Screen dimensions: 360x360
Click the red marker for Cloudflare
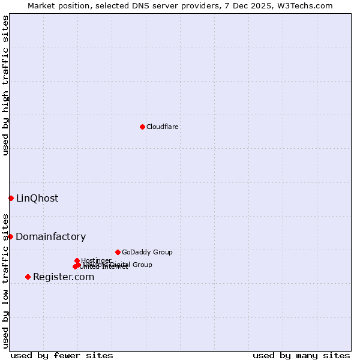(142, 127)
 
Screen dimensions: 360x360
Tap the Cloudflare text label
(162, 127)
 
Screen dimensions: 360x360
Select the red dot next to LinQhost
(11, 198)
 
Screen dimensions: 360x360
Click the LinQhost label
(37, 199)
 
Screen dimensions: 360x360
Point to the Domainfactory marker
(10, 236)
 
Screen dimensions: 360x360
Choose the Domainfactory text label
(51, 237)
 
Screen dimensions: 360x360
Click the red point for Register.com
(28, 277)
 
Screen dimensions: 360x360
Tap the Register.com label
(64, 277)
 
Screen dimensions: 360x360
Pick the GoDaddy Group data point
(118, 252)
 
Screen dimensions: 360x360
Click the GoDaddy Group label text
(147, 252)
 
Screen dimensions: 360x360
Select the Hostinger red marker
(77, 260)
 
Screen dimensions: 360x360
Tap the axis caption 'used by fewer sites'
(62, 355)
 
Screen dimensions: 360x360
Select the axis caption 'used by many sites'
(301, 355)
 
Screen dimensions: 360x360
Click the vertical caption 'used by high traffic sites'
(5, 85)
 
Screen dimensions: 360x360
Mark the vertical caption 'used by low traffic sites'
(5, 281)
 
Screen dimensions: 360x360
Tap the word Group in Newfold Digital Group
(142, 265)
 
